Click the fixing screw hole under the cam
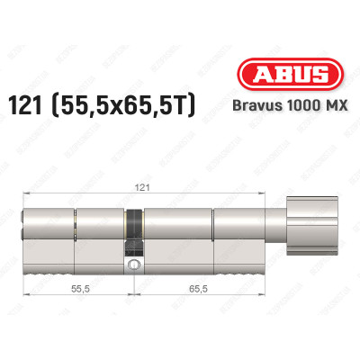point(134,265)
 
